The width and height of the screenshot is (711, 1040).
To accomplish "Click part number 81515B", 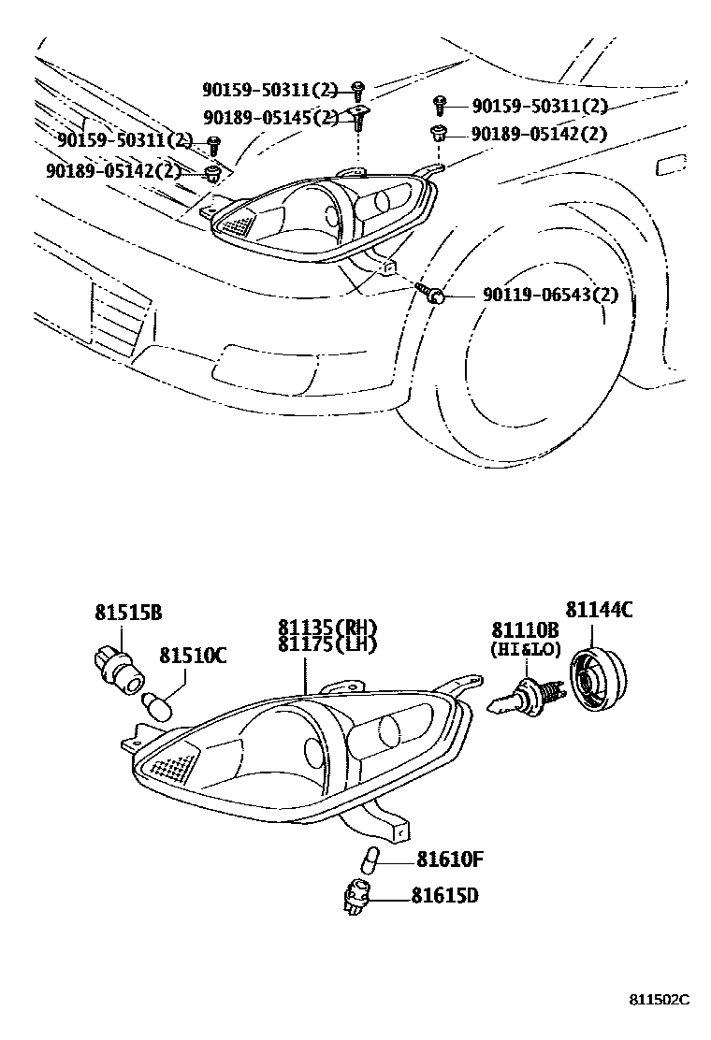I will coord(128,614).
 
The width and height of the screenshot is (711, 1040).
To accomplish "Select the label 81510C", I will coord(192,656).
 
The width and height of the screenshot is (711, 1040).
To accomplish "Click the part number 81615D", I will coord(445,895).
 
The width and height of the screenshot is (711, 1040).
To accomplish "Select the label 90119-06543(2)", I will coord(551,296).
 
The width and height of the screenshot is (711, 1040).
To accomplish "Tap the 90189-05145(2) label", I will coord(270,118).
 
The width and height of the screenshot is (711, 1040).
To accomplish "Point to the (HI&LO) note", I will coord(525,647).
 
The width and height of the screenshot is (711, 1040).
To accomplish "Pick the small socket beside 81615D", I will coord(357,897).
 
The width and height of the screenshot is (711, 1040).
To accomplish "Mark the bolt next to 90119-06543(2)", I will coord(436,296).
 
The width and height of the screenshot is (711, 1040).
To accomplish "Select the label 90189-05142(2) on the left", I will coord(113,170).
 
